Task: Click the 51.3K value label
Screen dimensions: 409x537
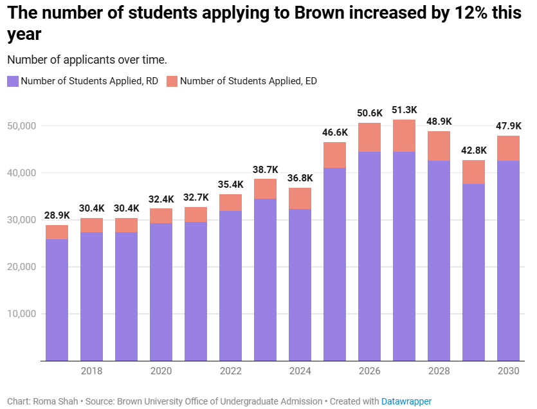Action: pyautogui.click(x=405, y=110)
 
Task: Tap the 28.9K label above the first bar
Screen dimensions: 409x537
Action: pyautogui.click(x=57, y=215)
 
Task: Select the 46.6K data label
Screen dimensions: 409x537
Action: pyautogui.click(x=335, y=132)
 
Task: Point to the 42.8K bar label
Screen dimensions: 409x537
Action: pyautogui.click(x=474, y=150)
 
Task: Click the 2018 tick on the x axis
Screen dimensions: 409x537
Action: pyautogui.click(x=91, y=371)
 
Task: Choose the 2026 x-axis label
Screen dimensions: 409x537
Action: pyautogui.click(x=370, y=371)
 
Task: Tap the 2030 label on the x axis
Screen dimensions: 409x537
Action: pyautogui.click(x=509, y=371)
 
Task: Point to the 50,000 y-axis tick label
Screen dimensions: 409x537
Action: pyautogui.click(x=22, y=126)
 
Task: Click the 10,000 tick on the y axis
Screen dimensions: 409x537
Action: pyautogui.click(x=22, y=314)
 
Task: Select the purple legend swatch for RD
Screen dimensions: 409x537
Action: pyautogui.click(x=13, y=81)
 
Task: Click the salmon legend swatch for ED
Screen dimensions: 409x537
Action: pyautogui.click(x=172, y=81)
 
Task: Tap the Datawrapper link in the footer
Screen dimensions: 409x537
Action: pyautogui.click(x=406, y=401)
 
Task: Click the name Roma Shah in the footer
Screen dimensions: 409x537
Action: pyautogui.click(x=57, y=401)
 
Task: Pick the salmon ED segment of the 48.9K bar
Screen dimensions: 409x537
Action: pyautogui.click(x=439, y=146)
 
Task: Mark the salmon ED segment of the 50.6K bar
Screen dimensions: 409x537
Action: pyautogui.click(x=370, y=137)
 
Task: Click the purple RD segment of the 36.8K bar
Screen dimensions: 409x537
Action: pyautogui.click(x=300, y=283)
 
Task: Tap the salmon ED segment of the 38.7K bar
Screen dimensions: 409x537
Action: pyautogui.click(x=266, y=188)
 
